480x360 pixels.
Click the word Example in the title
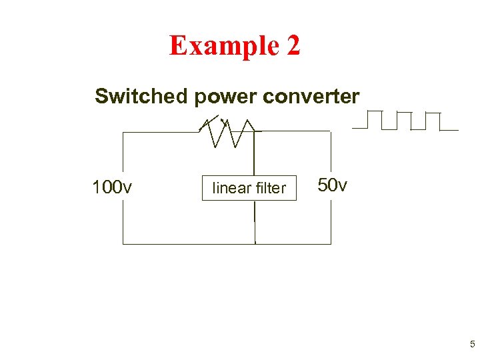224,45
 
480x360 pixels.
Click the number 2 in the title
293,45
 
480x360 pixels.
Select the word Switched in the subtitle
141,97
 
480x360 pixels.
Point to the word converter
311,97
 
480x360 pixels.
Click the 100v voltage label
111,187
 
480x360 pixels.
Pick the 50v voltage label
332,185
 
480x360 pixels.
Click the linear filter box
249,189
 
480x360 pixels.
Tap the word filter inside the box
269,189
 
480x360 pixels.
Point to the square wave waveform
405,121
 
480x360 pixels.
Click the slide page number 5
472,345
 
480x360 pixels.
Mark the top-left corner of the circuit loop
123,132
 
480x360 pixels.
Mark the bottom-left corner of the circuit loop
123,244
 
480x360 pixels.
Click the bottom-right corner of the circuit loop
331,244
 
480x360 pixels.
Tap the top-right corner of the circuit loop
331,131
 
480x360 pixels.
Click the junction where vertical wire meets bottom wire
255,244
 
